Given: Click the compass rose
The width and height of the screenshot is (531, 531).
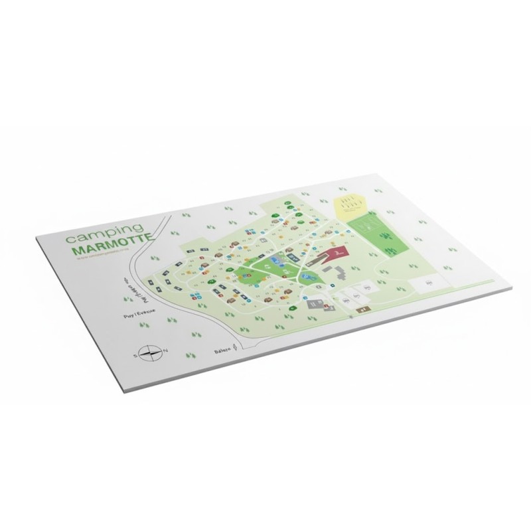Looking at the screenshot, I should point(151,352).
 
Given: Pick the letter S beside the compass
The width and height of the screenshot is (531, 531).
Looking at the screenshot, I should point(135,356).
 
